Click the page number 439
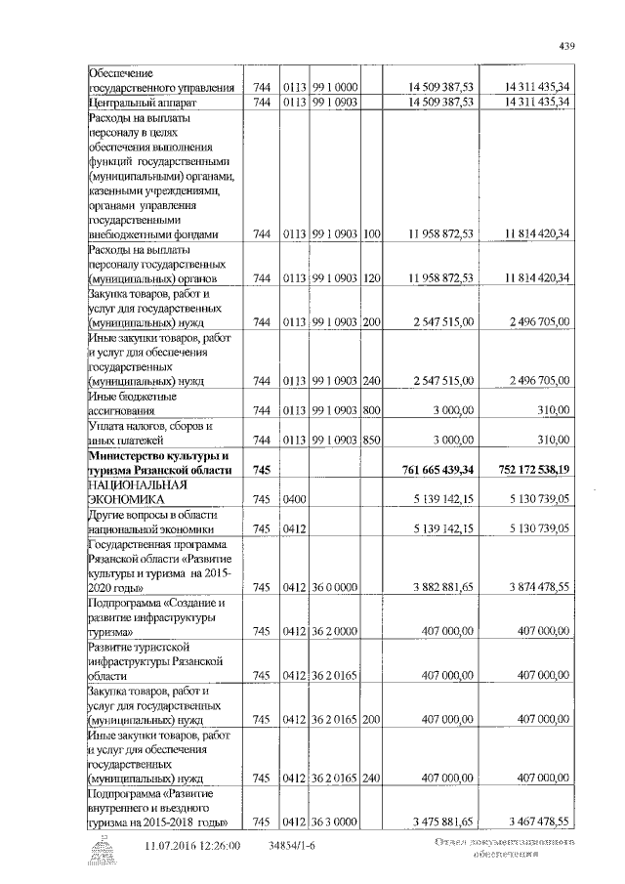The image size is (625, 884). click(566, 44)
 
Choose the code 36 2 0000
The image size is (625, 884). click(335, 632)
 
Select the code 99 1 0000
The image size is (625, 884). click(335, 87)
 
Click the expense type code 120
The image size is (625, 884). click(371, 278)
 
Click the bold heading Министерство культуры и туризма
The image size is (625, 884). click(159, 463)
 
